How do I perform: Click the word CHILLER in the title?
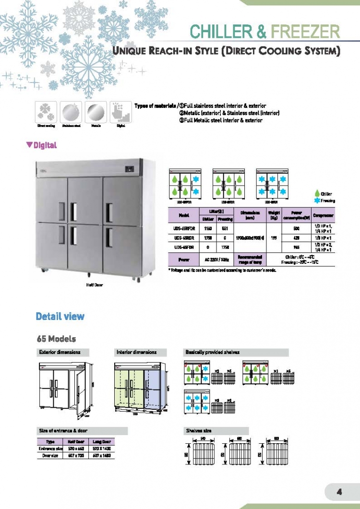coord(221,32)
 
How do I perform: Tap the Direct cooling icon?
coord(46,112)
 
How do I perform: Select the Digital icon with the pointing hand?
coord(120,112)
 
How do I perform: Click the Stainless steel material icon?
coord(71,112)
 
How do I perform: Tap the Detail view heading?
coord(60,316)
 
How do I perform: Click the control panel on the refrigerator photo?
coord(130,169)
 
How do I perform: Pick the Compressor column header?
coord(323,215)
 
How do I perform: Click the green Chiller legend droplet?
coord(317,194)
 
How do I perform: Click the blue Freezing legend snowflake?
coord(317,201)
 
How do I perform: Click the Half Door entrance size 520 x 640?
coord(77,448)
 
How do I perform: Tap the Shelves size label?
coord(198,431)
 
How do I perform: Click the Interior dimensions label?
coord(136,352)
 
